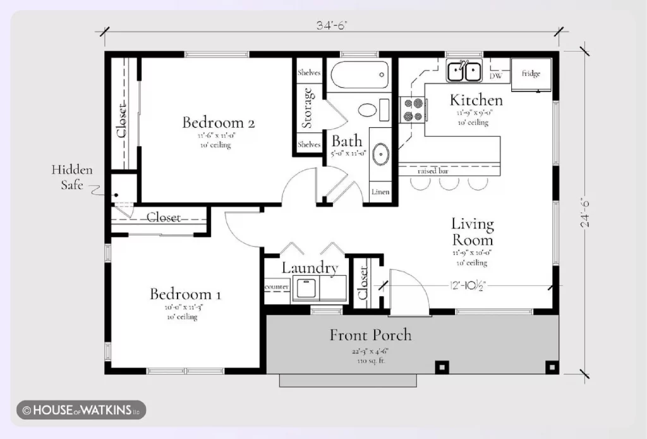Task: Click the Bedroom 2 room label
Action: click(218, 122)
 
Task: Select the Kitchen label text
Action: click(476, 100)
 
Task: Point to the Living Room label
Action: click(472, 232)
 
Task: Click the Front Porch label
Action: click(370, 335)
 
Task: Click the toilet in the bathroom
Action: click(368, 109)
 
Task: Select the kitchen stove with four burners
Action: click(413, 109)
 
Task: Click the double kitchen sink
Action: click(464, 71)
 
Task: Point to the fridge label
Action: click(531, 74)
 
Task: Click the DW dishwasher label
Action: click(497, 76)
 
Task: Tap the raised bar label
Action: click(433, 171)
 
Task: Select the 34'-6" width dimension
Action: click(332, 26)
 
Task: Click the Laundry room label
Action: click(310, 268)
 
